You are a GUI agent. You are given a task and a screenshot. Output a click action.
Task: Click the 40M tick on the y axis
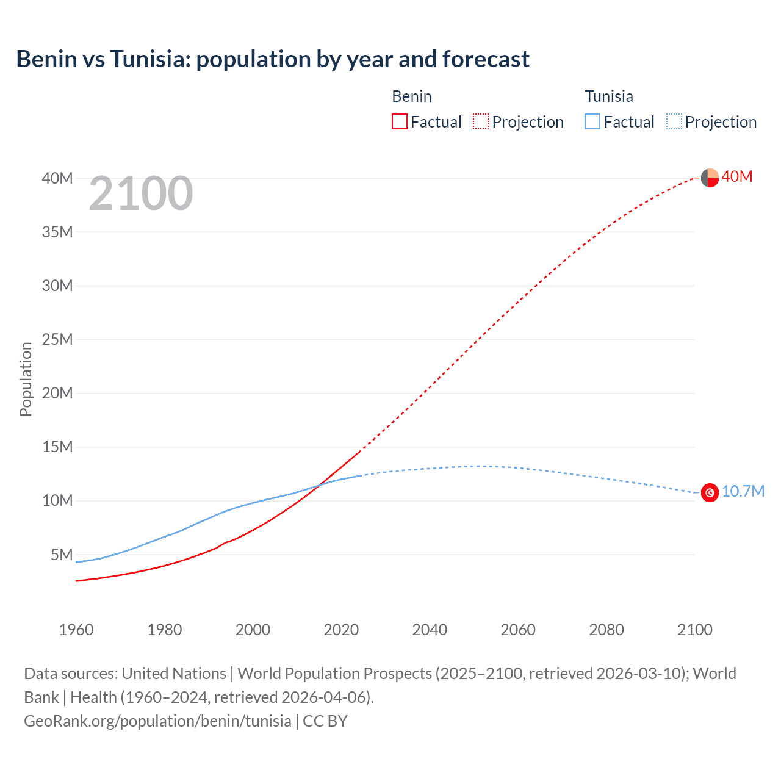(x=57, y=178)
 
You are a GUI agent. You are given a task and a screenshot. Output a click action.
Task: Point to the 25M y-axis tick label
(x=57, y=339)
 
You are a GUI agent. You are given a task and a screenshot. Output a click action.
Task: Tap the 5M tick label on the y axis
(x=62, y=555)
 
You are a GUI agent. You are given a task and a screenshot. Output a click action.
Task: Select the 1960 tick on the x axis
(x=76, y=630)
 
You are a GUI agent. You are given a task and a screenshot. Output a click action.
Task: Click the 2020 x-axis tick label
(x=341, y=630)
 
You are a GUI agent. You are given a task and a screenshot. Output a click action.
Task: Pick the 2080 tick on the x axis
(x=606, y=630)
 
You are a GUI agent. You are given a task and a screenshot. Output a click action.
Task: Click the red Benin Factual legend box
(x=400, y=122)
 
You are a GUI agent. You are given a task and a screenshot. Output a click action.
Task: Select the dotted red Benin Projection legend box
(x=481, y=122)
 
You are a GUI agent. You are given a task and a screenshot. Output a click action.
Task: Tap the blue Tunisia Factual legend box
(x=592, y=122)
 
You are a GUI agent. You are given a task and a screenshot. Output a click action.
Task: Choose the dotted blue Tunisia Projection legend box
(x=674, y=122)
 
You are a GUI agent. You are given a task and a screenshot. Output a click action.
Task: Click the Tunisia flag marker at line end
(x=710, y=492)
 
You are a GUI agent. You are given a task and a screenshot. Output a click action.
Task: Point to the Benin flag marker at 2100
(x=710, y=178)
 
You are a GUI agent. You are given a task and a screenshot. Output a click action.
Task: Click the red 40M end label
(x=737, y=177)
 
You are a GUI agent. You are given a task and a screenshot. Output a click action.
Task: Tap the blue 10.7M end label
(x=743, y=492)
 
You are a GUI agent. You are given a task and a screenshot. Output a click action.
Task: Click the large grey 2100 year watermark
(x=141, y=194)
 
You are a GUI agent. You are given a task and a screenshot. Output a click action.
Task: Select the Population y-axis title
(x=26, y=380)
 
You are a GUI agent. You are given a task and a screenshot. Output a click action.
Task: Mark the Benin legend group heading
(x=412, y=96)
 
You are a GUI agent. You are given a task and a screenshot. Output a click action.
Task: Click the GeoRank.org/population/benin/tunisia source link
(x=157, y=721)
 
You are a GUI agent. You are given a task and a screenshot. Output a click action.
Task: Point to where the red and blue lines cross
(x=319, y=485)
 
